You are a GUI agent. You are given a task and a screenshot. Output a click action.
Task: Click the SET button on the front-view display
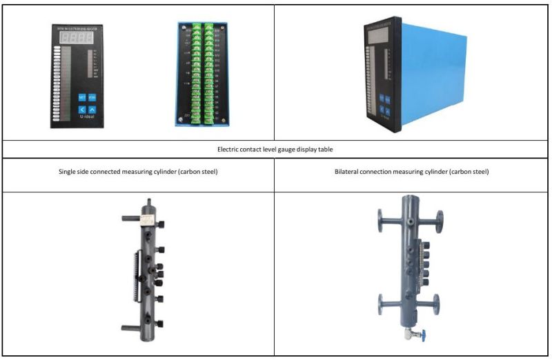81,97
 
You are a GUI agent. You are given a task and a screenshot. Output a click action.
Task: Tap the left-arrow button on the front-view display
81,109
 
